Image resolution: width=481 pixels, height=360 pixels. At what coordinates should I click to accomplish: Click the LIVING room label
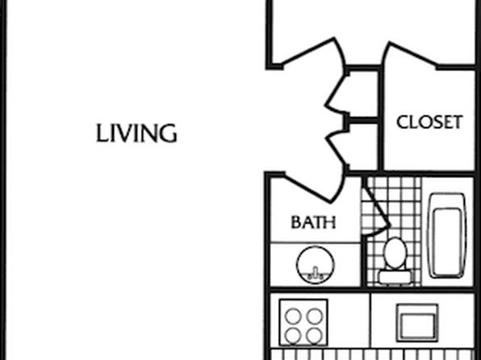pos(136,133)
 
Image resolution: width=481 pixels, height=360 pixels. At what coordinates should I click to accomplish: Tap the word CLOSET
pos(429,122)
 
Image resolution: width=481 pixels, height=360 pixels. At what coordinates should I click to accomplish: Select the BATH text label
pos(313,222)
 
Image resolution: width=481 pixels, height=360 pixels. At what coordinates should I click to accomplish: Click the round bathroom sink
pos(315,265)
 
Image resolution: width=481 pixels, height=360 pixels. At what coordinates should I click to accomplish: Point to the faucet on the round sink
pos(315,273)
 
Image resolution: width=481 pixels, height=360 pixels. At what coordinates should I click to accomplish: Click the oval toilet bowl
pos(395,253)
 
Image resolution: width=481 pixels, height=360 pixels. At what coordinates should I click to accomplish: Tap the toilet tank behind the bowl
pos(395,277)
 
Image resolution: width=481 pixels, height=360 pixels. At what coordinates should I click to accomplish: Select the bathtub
pos(448,236)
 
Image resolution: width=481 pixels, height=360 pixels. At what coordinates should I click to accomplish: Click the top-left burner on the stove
pos(293,316)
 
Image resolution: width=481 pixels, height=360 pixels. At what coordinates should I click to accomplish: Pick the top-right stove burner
pos(315,316)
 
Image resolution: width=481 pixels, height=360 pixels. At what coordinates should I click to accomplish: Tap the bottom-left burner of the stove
pos(293,336)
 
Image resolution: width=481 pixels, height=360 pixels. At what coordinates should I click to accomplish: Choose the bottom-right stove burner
pos(315,336)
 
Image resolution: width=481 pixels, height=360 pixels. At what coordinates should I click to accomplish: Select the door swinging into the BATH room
pos(307,189)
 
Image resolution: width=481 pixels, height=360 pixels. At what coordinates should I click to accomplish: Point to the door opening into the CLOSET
pos(411,54)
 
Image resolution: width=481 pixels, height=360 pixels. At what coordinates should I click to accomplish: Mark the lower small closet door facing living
pos(337,150)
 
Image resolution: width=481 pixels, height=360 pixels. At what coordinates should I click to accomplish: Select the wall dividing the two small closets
pos(362,120)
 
